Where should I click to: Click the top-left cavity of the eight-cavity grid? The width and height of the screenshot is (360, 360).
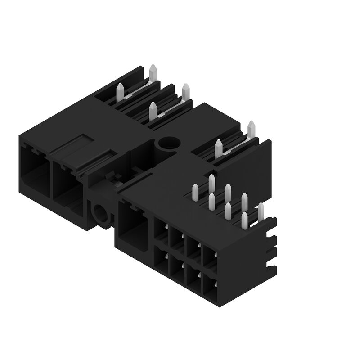161,230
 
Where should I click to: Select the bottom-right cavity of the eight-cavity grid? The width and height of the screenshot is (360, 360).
210,285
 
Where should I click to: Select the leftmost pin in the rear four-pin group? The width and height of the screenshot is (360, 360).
121,92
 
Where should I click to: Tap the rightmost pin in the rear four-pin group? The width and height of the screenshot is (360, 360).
185,92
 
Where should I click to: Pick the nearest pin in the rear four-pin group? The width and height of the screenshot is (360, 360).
153,111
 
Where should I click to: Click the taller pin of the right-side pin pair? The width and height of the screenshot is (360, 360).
251,130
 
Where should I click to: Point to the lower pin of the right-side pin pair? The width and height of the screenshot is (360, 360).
219,149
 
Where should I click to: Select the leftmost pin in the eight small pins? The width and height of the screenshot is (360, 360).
195,192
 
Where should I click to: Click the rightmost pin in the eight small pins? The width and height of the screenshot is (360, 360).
260,212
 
